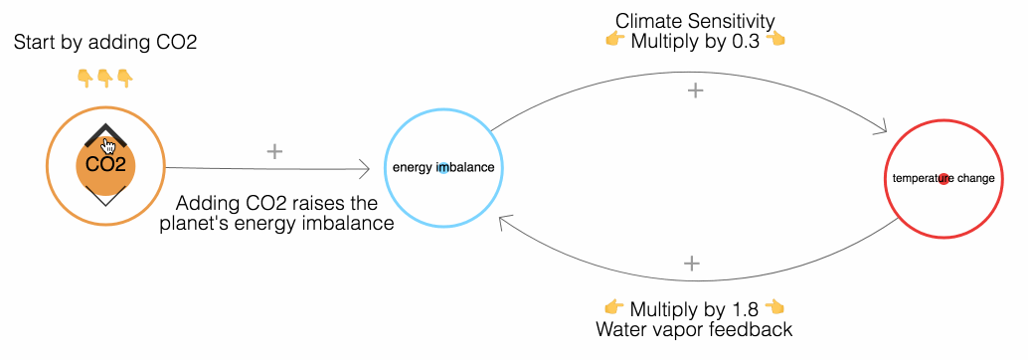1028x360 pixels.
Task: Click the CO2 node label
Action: (105, 165)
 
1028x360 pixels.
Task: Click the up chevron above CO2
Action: (104, 134)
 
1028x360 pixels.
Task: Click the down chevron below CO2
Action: (105, 198)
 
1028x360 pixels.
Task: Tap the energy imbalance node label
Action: (442, 167)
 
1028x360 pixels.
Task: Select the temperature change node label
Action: (943, 179)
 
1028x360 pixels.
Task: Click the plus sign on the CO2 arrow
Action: (275, 151)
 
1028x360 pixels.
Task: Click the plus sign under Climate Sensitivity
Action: (696, 90)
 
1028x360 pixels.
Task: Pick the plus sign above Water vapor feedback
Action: (693, 264)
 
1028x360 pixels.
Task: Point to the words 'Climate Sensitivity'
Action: (695, 20)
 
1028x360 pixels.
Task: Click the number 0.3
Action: (748, 40)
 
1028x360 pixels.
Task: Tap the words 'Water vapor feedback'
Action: (694, 328)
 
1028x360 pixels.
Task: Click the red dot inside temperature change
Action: (943, 179)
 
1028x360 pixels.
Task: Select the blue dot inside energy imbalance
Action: (443, 167)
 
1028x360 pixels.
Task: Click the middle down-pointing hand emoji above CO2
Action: (104, 77)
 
